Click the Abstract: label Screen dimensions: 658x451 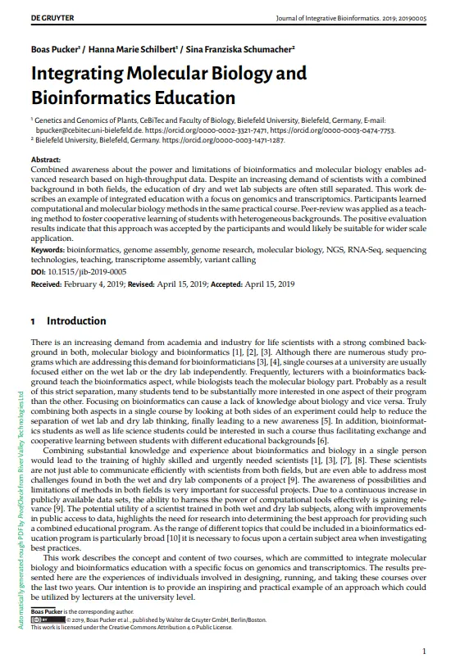pos(45,159)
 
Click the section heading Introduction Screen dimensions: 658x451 pos(76,321)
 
